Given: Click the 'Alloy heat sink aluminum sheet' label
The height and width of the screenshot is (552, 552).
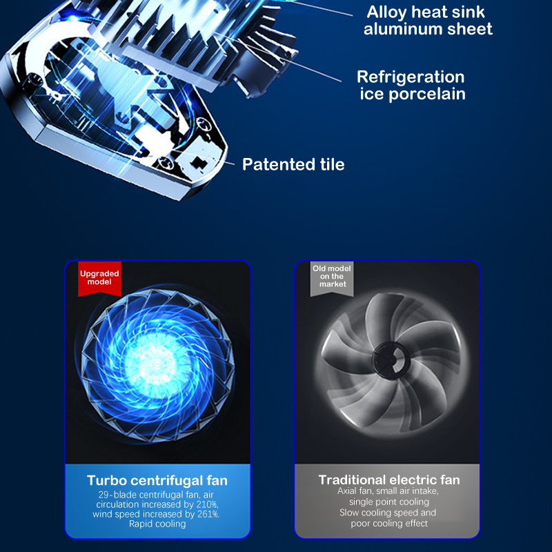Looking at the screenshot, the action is pos(428,21).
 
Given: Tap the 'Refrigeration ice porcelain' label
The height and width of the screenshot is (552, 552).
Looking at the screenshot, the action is pos(411,86).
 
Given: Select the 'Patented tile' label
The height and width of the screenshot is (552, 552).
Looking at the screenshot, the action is pos(293,164).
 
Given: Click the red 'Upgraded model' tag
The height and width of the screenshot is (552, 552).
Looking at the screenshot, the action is pos(99,278).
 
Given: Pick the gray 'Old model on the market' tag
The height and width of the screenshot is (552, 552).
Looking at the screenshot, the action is pos(332,278).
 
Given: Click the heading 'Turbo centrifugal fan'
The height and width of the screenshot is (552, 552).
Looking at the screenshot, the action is pos(157,480).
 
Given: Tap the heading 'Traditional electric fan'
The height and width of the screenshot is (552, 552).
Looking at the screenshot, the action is pos(389,480).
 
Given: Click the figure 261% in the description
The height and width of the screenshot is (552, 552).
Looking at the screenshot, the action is pos(208,514).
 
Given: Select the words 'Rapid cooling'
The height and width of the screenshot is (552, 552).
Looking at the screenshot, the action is pos(157,524).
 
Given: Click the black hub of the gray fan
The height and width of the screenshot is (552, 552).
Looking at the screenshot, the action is pos(391,360).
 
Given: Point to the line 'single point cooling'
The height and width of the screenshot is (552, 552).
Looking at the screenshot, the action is pos(389,502).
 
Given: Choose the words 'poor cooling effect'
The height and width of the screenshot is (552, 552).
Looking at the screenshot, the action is pos(389,524).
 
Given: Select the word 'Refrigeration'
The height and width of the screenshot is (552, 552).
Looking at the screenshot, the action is pos(411,77).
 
